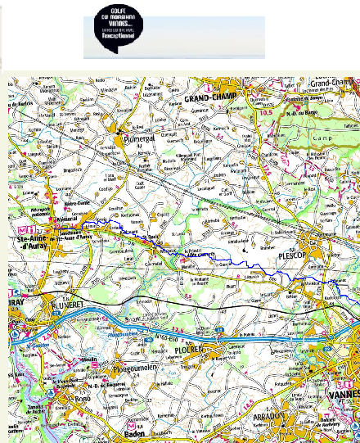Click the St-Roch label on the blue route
pyautogui.click(x=152, y=236)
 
